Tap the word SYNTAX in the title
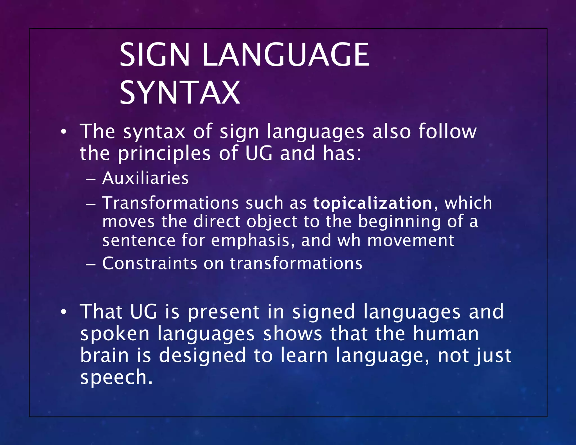coord(180,93)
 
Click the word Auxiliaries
coord(145,178)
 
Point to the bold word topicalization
coord(373,203)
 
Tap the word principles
coord(164,154)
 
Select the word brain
coord(104,355)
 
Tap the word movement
coord(411,240)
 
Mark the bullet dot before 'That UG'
coord(64,312)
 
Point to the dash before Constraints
coord(91,264)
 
